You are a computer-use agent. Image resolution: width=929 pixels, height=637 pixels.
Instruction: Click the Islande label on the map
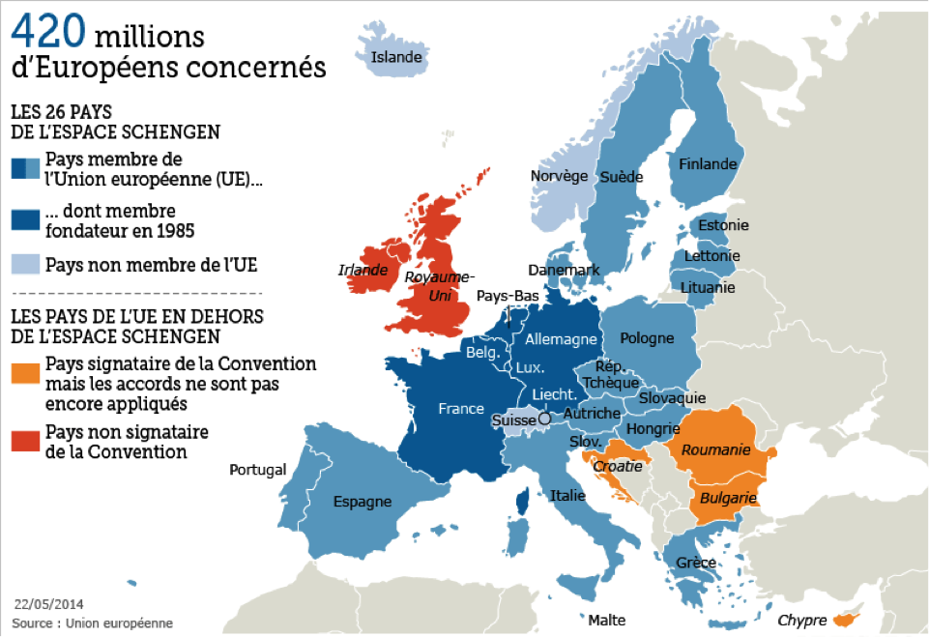coord(396,57)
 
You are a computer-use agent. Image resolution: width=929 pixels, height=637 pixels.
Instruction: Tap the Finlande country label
coord(708,164)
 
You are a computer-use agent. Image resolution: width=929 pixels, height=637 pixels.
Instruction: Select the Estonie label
coord(723,225)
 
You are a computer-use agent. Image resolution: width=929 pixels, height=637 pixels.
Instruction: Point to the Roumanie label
coord(715,449)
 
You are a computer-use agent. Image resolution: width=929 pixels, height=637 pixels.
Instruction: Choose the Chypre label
coord(801,620)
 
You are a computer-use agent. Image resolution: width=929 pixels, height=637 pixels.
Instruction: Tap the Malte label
coord(607,620)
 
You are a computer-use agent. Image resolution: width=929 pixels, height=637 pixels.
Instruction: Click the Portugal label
coord(257,470)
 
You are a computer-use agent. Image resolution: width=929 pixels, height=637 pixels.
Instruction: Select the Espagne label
coord(362,502)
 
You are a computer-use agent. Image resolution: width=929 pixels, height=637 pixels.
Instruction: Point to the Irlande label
coord(363,270)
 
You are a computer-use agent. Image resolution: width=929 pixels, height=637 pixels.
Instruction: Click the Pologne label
coord(647,338)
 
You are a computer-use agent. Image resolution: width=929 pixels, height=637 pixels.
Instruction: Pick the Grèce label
coord(696,563)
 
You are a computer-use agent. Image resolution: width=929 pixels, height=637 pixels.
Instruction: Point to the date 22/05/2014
coord(48,605)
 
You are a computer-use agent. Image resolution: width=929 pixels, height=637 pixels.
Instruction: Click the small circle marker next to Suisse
coord(544,419)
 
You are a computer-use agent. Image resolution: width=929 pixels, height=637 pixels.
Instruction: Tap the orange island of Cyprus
coord(848,618)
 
